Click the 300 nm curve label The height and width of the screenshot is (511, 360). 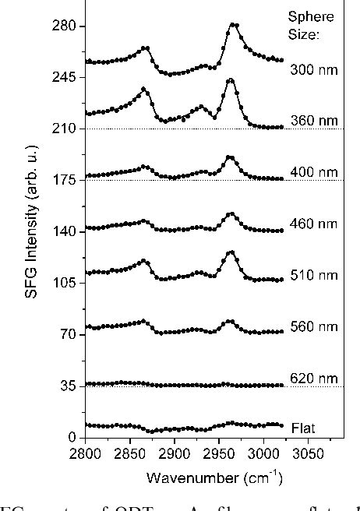click(x=313, y=69)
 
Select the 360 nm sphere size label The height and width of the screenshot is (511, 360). click(x=313, y=121)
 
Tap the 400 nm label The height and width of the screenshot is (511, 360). click(x=313, y=171)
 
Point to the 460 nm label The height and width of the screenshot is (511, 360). click(x=313, y=224)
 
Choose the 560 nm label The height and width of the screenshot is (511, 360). click(x=313, y=326)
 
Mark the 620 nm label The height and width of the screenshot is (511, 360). click(x=313, y=379)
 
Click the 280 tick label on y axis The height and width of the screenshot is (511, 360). click(x=65, y=26)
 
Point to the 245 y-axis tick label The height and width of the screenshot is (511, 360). click(x=65, y=77)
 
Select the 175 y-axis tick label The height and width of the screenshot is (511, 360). click(x=65, y=180)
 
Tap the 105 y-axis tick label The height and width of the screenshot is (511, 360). click(x=65, y=283)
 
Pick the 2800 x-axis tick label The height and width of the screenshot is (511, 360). click(x=86, y=452)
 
